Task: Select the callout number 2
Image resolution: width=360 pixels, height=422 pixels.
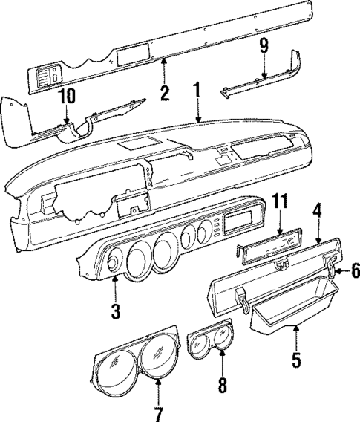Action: pos(165,94)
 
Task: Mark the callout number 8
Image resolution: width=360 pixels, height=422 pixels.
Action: pos(221,386)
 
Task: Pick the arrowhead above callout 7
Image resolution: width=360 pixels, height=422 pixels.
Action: pos(159,381)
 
